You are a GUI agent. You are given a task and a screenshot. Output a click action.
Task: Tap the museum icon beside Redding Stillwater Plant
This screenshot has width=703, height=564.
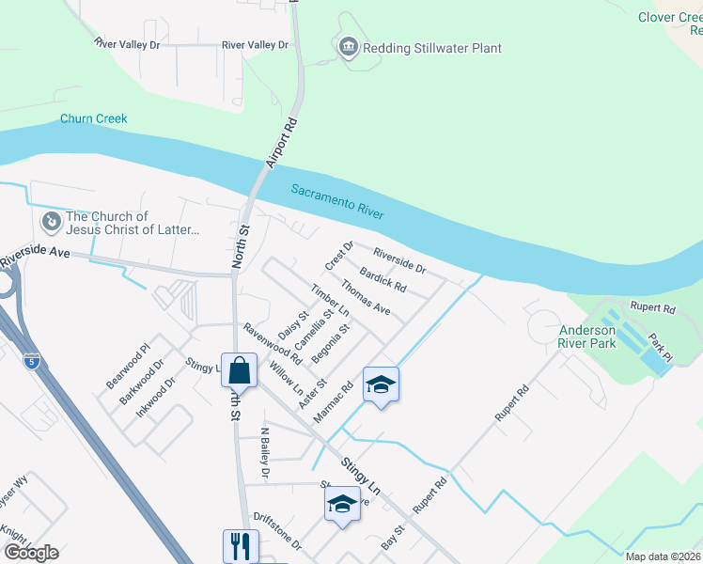pos(348,46)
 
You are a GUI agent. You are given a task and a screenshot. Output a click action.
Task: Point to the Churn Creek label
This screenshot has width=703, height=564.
pos(93,119)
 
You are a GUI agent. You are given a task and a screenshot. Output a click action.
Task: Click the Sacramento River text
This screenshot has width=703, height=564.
pos(336,201)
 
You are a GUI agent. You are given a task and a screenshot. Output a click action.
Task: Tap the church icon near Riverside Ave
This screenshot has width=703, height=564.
pos(51,222)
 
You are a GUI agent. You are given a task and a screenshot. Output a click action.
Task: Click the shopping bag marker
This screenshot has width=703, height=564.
pos(240,369)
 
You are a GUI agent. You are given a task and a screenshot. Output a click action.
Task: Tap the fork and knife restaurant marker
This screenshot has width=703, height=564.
pos(240,544)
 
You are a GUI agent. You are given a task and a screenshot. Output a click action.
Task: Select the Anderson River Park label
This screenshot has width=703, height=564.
pos(601,337)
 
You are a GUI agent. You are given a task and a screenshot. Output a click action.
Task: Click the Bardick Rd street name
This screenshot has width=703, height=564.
pos(383,277)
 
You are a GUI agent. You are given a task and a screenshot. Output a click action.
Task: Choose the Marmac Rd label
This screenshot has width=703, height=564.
pos(334,400)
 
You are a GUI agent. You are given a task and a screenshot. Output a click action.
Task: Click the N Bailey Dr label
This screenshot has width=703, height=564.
pos(264,458)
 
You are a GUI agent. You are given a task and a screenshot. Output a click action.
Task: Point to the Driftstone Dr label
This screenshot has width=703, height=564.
pos(277,531)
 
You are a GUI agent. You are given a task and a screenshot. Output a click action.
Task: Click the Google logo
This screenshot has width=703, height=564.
pos(31,553)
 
